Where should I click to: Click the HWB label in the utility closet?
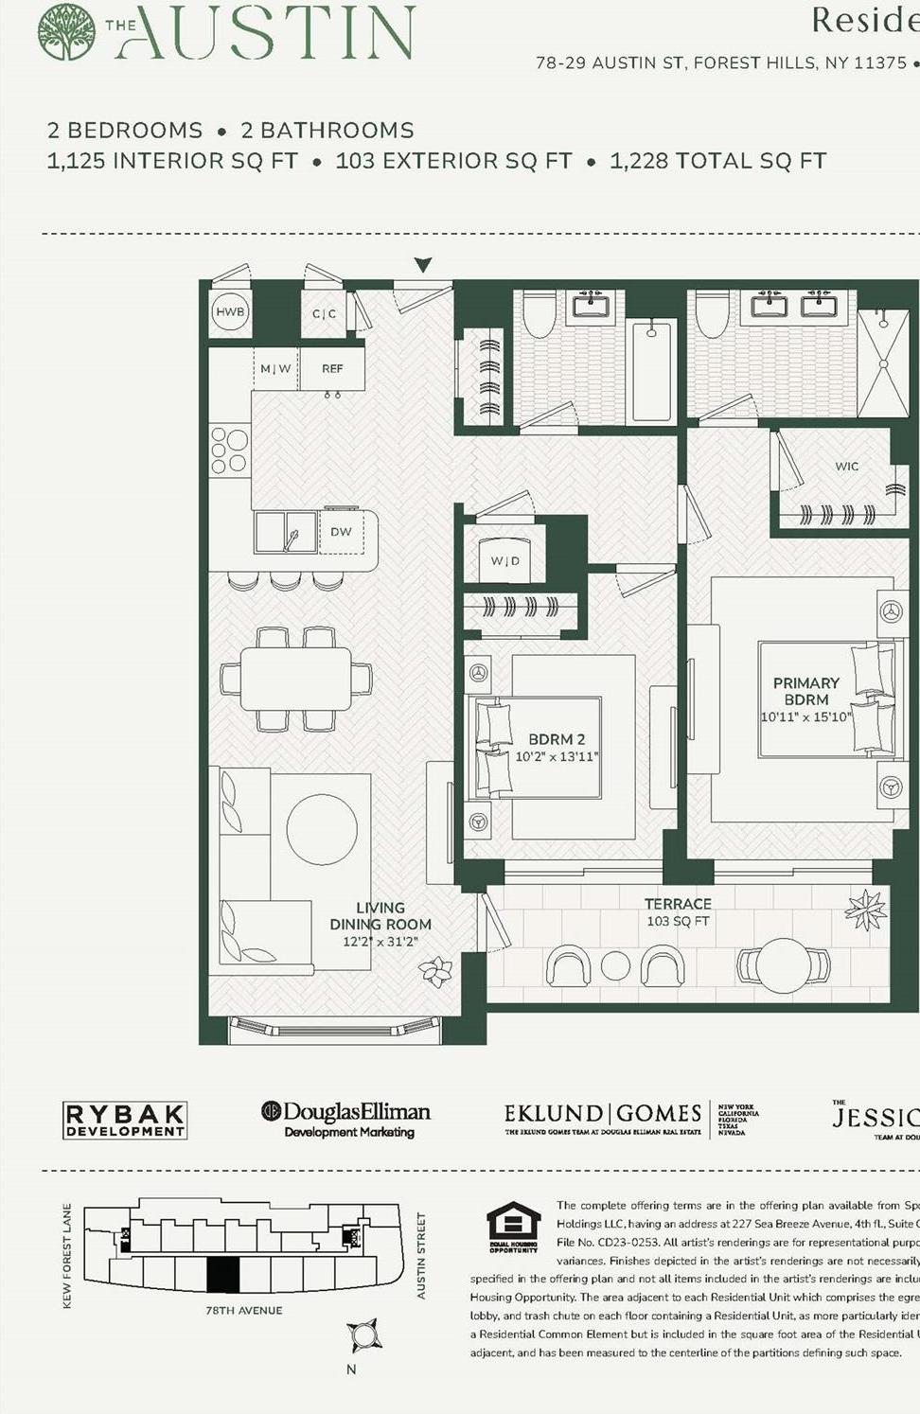(230, 311)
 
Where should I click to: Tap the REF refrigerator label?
(332, 369)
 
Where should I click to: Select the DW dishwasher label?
(341, 532)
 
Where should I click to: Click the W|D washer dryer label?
(504, 561)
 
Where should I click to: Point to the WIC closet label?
(847, 467)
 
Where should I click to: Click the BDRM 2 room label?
(557, 739)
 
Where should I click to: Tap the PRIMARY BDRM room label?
(805, 691)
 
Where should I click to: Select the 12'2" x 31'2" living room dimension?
(380, 942)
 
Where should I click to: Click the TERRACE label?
(678, 904)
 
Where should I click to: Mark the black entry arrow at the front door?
(423, 265)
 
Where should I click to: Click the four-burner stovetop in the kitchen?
(229, 451)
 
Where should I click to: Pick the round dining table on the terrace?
(784, 964)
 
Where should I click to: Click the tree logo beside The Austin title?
(66, 32)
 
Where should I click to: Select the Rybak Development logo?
(124, 1120)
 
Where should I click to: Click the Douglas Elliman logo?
(346, 1118)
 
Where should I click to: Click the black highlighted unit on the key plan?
(222, 1275)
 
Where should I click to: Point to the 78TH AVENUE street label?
(244, 1311)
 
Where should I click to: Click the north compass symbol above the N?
(363, 1334)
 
